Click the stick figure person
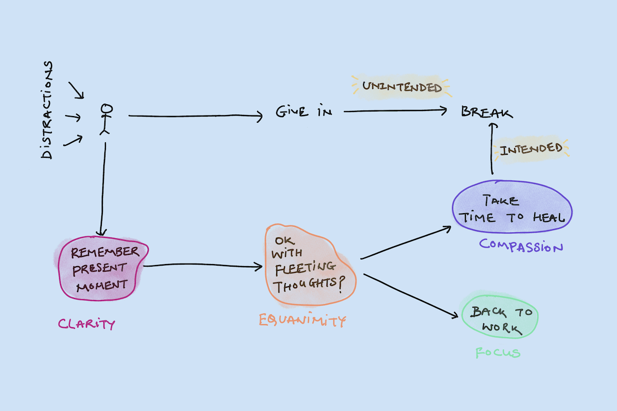click(106, 120)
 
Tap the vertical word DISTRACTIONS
click(47, 110)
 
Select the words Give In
click(304, 113)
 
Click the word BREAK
click(486, 112)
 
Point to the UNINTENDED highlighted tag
click(402, 87)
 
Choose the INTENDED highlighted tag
click(531, 150)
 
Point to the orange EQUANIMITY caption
click(302, 321)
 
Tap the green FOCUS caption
click(497, 353)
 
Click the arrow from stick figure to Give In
click(195, 117)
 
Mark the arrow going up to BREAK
click(492, 149)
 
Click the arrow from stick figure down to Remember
click(104, 190)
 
